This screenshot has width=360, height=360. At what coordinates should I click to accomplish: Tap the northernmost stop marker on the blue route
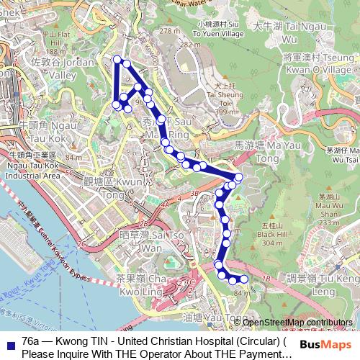coord(117,59)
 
